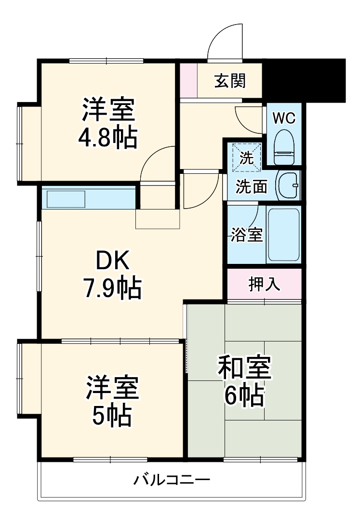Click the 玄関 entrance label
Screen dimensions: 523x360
coord(229,81)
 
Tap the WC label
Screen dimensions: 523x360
coord(284,118)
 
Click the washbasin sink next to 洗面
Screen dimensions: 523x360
coord(288,185)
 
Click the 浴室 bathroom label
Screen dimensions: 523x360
coord(247,235)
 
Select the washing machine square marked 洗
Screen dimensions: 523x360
coord(246,157)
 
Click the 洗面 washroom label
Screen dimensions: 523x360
coord(251,187)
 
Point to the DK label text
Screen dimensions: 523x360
coord(112,261)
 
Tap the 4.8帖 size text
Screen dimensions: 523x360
coord(108,138)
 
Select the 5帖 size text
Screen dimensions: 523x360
coord(112,415)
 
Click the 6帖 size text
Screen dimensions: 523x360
coord(244,395)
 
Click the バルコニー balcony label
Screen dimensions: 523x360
coord(172,480)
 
